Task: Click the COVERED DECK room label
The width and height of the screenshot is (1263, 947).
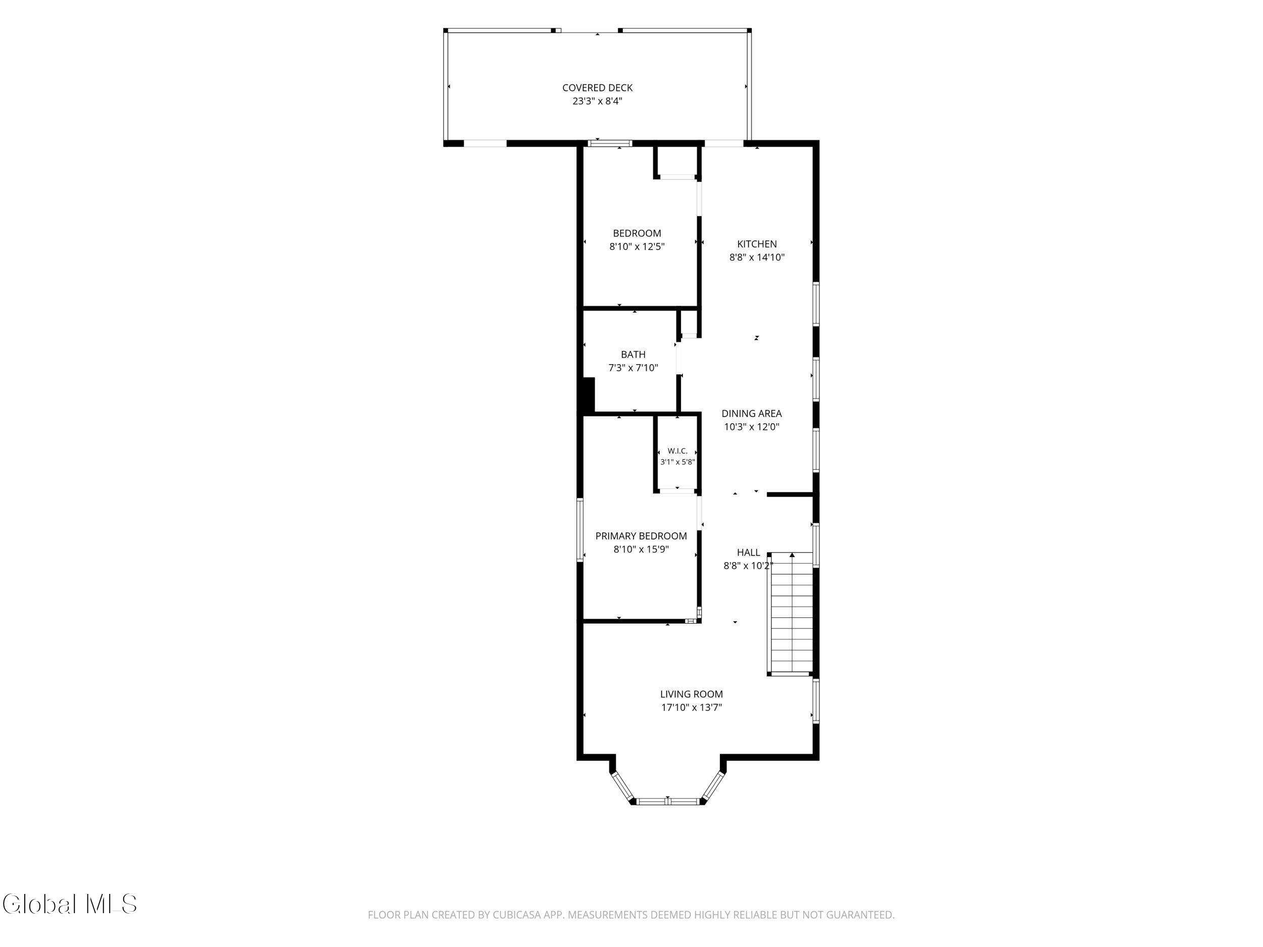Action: coord(597,88)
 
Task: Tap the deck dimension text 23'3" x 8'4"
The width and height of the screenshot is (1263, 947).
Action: coord(597,102)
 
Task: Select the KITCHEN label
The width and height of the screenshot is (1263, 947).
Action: coord(757,244)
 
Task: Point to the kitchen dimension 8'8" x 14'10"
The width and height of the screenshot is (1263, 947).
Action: coord(757,258)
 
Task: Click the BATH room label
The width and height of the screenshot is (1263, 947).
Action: coord(633,355)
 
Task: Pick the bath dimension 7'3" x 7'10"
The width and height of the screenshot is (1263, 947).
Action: coord(633,368)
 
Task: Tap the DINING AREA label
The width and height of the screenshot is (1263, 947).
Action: coord(751,414)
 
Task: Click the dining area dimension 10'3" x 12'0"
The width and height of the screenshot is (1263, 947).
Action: coord(751,427)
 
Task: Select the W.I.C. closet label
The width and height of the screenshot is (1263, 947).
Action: coord(678,451)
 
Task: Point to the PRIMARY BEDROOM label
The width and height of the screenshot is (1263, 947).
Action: coord(641,536)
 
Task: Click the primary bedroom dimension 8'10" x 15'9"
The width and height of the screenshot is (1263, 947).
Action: coord(641,550)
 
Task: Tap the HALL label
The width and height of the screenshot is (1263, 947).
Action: coord(748,553)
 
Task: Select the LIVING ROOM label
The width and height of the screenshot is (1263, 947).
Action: coord(692,694)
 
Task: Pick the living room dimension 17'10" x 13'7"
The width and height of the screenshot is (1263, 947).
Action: coord(692,708)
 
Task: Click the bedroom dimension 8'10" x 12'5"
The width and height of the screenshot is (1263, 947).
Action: coord(637,247)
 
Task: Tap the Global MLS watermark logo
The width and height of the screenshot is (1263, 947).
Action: coord(70,904)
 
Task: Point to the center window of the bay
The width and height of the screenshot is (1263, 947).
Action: coord(667,802)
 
